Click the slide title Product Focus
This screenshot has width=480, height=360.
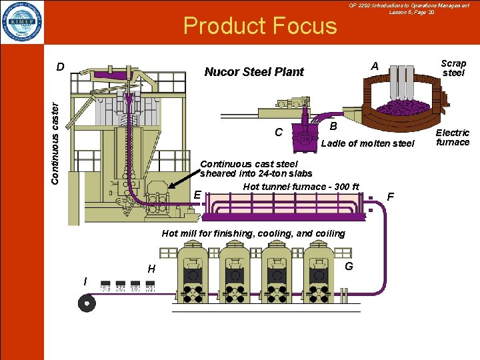[260, 26]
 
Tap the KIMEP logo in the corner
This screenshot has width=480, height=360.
[22, 22]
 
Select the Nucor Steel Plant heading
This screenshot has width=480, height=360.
[254, 72]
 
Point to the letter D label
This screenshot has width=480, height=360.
[60, 67]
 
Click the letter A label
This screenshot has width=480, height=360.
[375, 66]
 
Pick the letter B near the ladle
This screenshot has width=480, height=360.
[334, 126]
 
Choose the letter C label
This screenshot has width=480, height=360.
[279, 132]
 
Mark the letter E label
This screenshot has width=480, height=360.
[197, 195]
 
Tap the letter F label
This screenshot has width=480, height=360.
[391, 197]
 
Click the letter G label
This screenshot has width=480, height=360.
[349, 267]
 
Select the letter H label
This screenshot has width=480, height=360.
[151, 269]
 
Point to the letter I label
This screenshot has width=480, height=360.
[85, 281]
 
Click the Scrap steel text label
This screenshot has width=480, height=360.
[453, 68]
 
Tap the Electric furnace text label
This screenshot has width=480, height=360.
[453, 137]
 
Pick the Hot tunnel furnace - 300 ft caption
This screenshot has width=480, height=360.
[301, 186]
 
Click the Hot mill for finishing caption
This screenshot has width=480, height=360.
[253, 233]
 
